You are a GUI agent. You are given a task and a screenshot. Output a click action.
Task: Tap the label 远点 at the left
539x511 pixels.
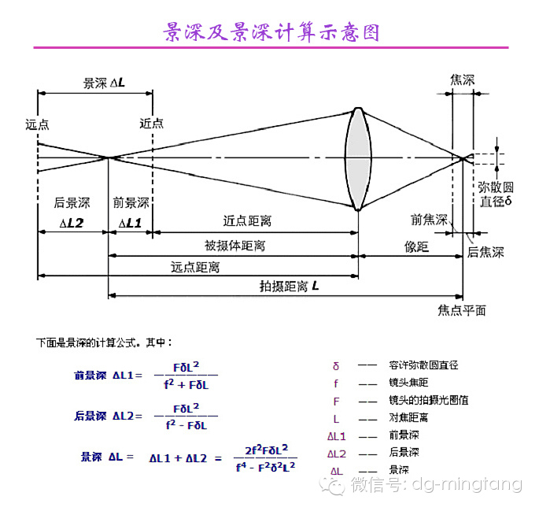[37, 124]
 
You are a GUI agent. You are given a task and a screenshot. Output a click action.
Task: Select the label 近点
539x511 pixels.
[152, 123]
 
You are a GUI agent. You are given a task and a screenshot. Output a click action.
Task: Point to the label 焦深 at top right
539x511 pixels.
[463, 80]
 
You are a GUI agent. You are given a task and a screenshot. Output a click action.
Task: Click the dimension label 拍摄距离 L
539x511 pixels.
[289, 285]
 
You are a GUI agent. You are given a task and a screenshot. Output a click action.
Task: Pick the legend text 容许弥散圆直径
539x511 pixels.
[423, 365]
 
